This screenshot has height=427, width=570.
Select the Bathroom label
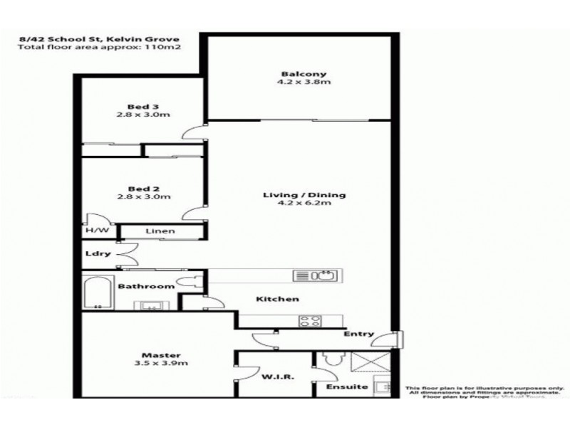147,287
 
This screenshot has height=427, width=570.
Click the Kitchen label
279,299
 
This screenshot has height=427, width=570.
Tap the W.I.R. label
274,377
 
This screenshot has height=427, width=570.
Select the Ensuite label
348,387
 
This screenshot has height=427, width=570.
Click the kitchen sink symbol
315,275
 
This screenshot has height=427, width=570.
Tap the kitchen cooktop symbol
310,320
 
